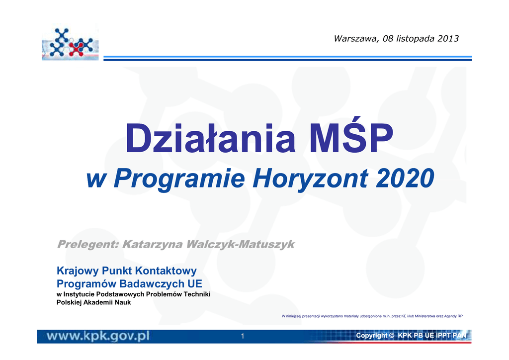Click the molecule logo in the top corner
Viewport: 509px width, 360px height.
coord(70,43)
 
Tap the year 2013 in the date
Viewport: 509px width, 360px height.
coord(448,39)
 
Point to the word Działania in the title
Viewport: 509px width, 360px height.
coord(210,138)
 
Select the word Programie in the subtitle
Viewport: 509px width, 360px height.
coord(179,179)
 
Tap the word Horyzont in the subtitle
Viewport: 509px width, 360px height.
coord(311,179)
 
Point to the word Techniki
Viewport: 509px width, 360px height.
coord(197,294)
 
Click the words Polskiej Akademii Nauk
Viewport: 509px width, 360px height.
coord(94,302)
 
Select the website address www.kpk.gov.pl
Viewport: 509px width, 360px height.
coord(98,336)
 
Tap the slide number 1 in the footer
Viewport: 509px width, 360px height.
coord(242,336)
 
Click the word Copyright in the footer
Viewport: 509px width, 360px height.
coord(371,336)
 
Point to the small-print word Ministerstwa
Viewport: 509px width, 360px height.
coord(425,316)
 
